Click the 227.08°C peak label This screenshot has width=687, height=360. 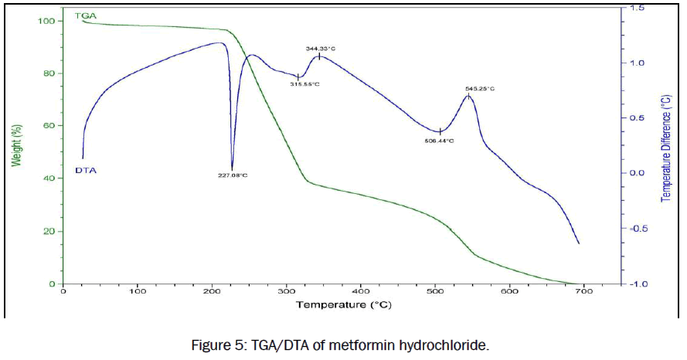point(232,175)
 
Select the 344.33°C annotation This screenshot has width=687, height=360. point(321,49)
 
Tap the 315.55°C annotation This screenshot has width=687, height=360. point(304,84)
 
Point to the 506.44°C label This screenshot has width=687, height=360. point(439,141)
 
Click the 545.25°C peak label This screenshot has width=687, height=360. point(479,89)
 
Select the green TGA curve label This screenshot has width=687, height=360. point(85,15)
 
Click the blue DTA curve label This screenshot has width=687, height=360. point(85,169)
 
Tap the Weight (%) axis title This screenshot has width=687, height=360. point(15,139)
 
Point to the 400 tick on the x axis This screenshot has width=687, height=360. point(361,292)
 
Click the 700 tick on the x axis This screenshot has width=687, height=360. point(584,292)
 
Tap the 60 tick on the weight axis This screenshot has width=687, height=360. point(47,126)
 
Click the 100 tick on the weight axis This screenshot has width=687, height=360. point(45,21)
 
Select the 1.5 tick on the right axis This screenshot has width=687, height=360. point(637,8)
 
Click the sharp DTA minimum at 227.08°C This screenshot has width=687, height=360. point(232,169)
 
